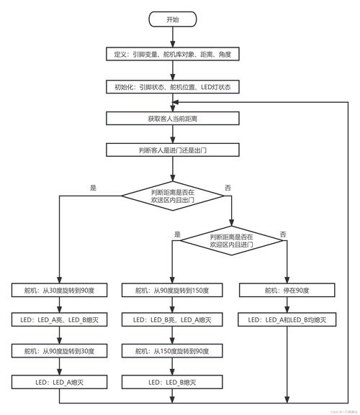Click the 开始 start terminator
[x=172, y=19]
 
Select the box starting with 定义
[x=172, y=54]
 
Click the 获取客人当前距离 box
[x=172, y=118]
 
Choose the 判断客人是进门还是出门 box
[x=172, y=150]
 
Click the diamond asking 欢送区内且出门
[x=173, y=196]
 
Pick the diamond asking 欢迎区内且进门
[x=232, y=241]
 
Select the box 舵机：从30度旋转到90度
[x=59, y=290]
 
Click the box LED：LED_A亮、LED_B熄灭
[x=59, y=320]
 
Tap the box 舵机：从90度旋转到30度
[x=59, y=351]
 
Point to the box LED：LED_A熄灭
[x=59, y=382]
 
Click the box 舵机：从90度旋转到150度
[x=172, y=290]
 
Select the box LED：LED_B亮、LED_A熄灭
[x=172, y=320]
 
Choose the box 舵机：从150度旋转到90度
[x=172, y=351]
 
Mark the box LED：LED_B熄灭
[x=172, y=382]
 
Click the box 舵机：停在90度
[x=287, y=290]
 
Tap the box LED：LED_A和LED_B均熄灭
[x=287, y=320]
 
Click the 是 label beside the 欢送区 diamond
[x=93, y=188]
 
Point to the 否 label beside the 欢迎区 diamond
[x=283, y=234]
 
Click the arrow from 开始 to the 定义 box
[x=172, y=37]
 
